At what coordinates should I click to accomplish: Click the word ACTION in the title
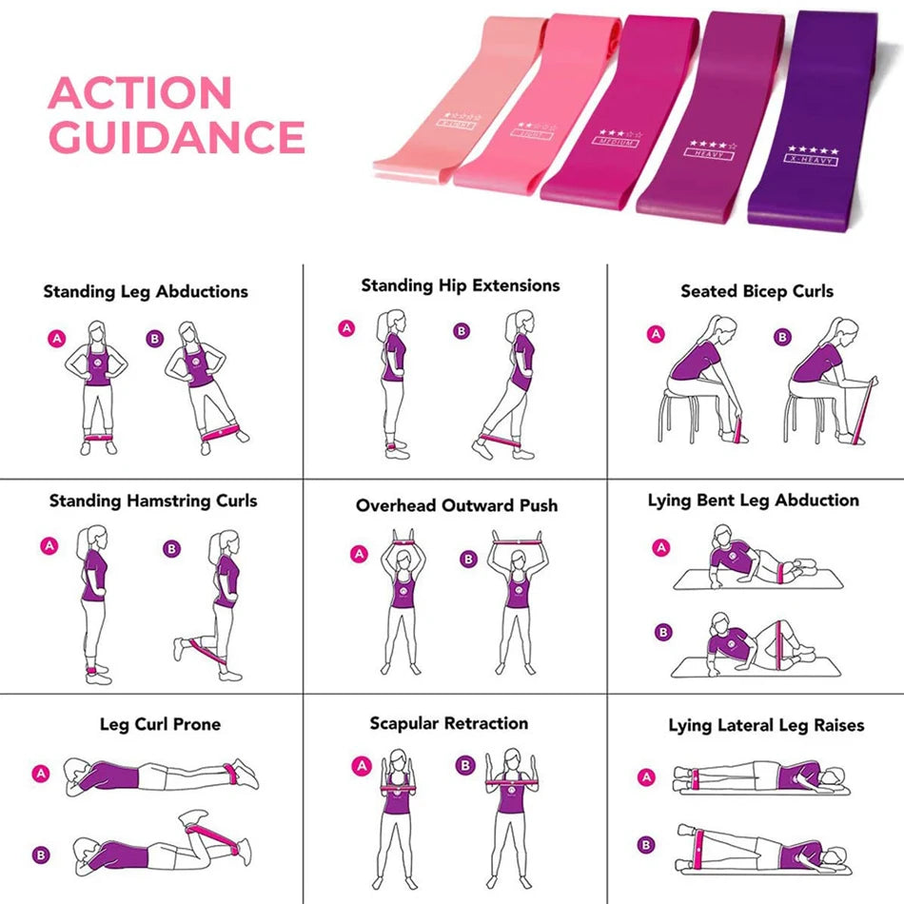click(140, 93)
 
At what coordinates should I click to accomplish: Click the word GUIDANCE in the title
click(176, 138)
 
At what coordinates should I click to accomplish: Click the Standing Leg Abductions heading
click(146, 292)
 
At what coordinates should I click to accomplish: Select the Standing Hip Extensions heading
click(460, 285)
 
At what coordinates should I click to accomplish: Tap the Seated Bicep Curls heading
click(757, 291)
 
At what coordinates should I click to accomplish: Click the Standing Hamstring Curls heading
click(153, 501)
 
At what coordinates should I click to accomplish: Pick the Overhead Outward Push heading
click(457, 505)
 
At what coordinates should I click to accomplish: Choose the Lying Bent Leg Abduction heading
click(753, 501)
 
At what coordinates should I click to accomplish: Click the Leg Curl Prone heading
click(160, 724)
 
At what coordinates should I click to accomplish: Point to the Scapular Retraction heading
click(448, 723)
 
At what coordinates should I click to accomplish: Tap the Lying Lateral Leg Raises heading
click(765, 725)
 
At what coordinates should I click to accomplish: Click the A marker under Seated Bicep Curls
click(655, 334)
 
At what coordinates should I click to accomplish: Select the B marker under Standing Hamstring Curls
click(171, 549)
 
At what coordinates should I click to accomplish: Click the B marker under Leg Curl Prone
click(41, 855)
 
